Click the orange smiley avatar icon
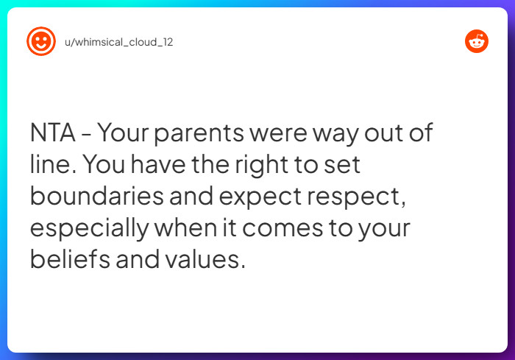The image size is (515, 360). pos(41,41)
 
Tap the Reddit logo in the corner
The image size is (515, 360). pos(477,41)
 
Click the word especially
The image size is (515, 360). pos(89,228)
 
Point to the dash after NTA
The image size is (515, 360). pos(86,135)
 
